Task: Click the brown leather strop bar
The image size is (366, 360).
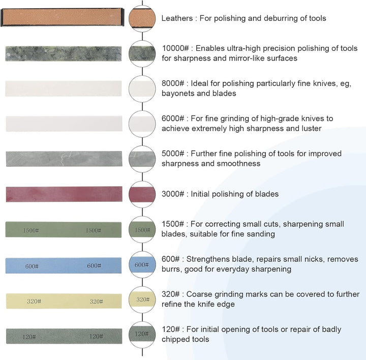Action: pyautogui.click(x=63, y=17)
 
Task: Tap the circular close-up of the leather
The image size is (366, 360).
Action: pyautogui.click(x=142, y=19)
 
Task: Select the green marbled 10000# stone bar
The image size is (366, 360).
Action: pyautogui.click(x=64, y=54)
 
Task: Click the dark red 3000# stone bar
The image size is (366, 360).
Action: pyautogui.click(x=64, y=194)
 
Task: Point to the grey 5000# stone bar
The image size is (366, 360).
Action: pyautogui.click(x=64, y=159)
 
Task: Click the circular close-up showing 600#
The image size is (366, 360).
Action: pyautogui.click(x=142, y=264)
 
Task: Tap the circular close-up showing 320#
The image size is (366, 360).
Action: pyautogui.click(x=142, y=299)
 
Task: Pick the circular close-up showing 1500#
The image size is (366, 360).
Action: pyautogui.click(x=142, y=229)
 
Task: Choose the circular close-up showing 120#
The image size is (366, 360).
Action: pyautogui.click(x=142, y=335)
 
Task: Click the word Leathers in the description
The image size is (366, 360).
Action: pyautogui.click(x=177, y=18)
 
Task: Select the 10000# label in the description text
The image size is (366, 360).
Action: pyautogui.click(x=175, y=48)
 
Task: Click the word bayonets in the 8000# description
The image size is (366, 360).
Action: pyautogui.click(x=178, y=94)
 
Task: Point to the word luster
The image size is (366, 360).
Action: pyautogui.click(x=310, y=129)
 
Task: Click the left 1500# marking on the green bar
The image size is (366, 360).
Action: pyautogui.click(x=31, y=231)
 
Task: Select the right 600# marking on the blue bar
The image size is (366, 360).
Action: pyautogui.click(x=94, y=266)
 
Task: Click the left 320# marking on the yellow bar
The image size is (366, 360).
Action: pyautogui.click(x=34, y=301)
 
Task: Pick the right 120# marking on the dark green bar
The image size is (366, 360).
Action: pyautogui.click(x=96, y=337)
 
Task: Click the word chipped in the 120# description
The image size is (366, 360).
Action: pyautogui.click(x=173, y=339)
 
